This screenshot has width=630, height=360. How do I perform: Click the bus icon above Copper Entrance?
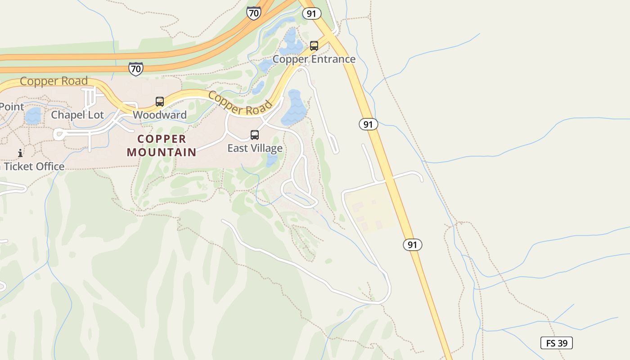pos(314,46)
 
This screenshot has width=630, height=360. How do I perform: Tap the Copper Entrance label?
pos(314,59)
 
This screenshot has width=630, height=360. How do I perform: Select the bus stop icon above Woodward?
pos(160,102)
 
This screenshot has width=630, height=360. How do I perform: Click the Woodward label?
pos(160,115)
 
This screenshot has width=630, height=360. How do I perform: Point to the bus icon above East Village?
pos(255,135)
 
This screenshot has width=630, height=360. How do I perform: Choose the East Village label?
pos(255,148)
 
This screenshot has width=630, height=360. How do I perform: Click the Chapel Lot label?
pos(77,115)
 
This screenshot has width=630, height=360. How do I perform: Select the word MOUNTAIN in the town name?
pos(162,152)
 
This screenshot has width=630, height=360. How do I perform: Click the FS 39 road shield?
pos(557,343)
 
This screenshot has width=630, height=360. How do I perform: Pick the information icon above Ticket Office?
pos(20,153)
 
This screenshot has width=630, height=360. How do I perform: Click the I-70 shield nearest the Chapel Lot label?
pos(135,69)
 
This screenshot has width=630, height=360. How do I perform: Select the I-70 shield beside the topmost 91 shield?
pos(254,13)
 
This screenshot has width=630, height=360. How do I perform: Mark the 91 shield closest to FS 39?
pos(412,245)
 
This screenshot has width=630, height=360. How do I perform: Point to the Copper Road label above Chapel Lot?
pos(54,81)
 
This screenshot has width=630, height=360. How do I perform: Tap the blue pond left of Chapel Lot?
pos(33,116)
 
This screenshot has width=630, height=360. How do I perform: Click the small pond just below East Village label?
pos(272,160)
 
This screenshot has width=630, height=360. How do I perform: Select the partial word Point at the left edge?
pos(12,107)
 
